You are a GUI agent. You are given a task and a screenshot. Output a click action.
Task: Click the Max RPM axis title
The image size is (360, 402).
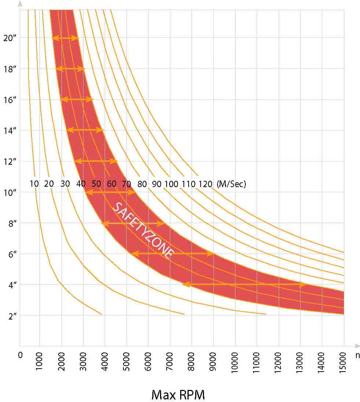178,395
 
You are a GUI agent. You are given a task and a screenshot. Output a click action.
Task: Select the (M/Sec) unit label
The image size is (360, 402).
231,184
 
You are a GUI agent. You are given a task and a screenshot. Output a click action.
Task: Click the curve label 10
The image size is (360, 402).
34,184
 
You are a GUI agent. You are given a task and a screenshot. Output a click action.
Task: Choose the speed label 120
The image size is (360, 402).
205,184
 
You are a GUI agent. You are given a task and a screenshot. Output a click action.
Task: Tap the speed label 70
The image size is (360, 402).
126,184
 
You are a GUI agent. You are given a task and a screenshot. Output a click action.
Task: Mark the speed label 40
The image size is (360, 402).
81,184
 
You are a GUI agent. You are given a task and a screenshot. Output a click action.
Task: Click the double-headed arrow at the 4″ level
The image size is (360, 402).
245,284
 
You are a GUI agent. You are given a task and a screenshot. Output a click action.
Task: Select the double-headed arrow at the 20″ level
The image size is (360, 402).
65,38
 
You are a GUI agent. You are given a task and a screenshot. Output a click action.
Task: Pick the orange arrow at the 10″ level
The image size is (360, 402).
110,192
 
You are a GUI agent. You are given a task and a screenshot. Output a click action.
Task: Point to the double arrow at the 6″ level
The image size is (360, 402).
172,253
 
